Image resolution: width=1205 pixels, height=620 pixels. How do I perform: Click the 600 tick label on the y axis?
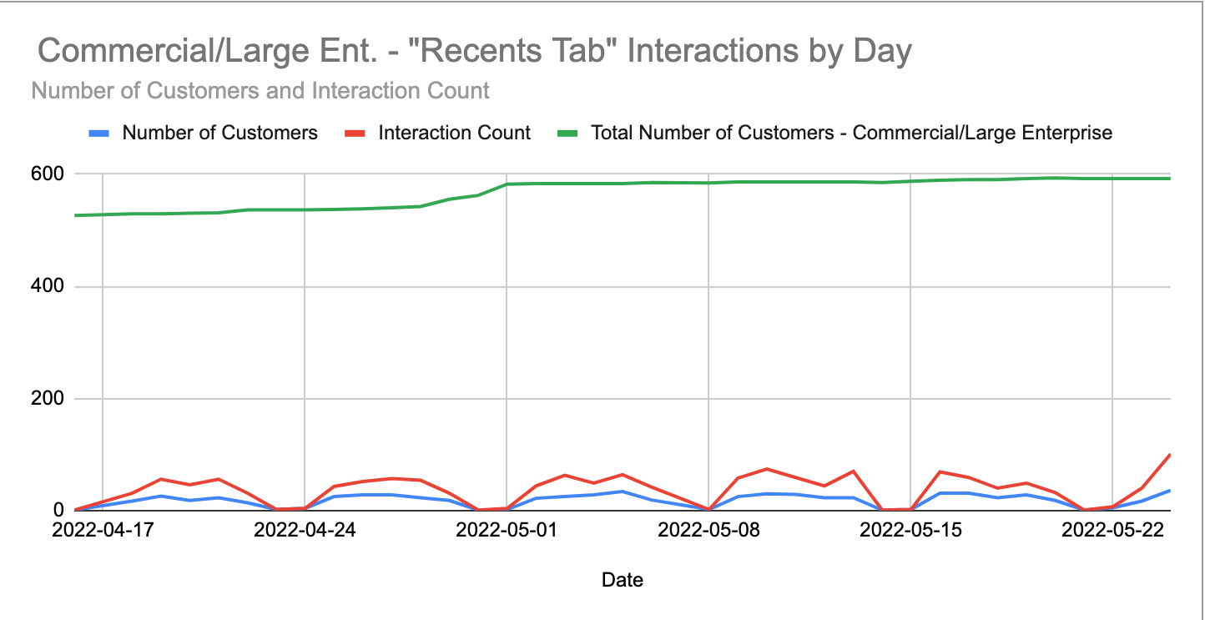pos(49,174)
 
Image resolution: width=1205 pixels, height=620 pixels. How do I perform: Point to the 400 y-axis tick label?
pos(49,287)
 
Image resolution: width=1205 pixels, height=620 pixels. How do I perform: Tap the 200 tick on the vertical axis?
pos(49,399)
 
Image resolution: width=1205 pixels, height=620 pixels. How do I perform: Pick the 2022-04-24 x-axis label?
pos(305,530)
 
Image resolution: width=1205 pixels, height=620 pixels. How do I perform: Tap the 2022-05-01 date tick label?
pos(507,530)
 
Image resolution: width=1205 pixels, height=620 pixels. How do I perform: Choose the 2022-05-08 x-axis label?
pos(708,530)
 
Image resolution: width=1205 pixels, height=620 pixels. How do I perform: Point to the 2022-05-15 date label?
pos(910,530)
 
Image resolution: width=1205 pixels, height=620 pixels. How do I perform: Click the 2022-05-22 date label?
pos(1112,530)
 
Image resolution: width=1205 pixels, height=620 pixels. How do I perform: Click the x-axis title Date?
pos(623,580)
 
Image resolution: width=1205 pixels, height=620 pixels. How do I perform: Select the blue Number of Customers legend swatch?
pos(100,133)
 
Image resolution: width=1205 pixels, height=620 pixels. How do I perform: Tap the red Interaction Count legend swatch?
pos(356,133)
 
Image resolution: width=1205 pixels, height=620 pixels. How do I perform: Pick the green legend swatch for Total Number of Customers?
pos(568,133)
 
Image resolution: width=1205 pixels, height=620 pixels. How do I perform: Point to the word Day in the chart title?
pos(884,52)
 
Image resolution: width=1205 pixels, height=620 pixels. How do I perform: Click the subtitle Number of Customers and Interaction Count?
pos(260,90)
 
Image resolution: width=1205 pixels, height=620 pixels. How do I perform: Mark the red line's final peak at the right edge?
pos(1170,455)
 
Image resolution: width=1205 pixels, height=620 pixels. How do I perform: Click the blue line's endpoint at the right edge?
pos(1170,491)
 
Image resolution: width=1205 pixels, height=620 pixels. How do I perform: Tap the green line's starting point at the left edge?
pos(75,215)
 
